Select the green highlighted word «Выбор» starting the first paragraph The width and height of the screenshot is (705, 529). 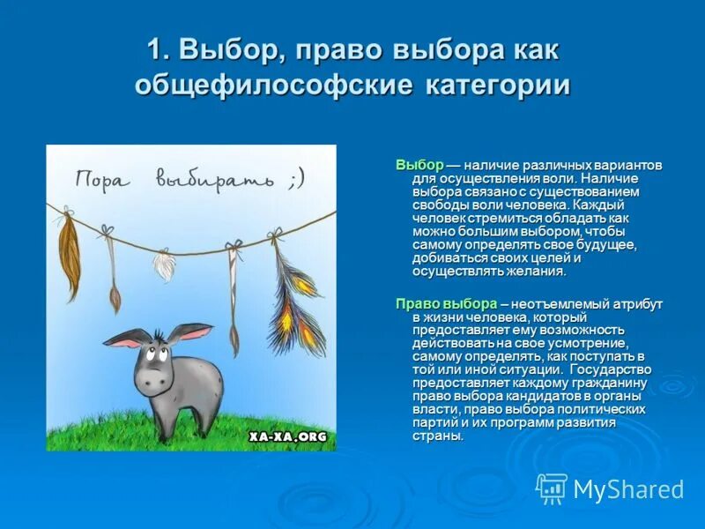point(419,166)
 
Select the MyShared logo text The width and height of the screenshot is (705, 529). point(627,489)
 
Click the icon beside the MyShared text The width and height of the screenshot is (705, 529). point(552,488)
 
